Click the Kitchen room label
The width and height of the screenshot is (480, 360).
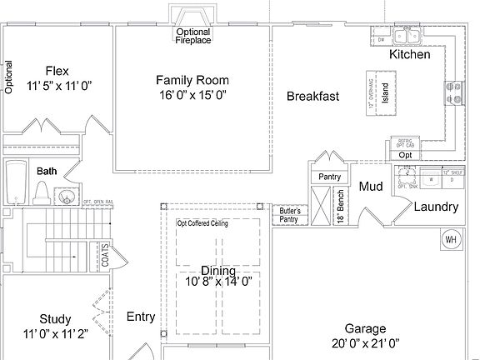tap(410, 55)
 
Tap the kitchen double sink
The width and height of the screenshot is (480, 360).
tap(408, 37)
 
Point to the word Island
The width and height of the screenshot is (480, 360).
tap(385, 92)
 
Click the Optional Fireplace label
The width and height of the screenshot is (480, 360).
tap(193, 36)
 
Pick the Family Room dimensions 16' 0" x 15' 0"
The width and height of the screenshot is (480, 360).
tap(192, 95)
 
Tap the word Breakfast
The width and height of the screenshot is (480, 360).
tap(312, 97)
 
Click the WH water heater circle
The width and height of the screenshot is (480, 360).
tap(451, 240)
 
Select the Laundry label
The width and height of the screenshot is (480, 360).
tap(436, 207)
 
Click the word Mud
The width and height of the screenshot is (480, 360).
tap(371, 187)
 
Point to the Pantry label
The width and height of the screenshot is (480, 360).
tap(330, 177)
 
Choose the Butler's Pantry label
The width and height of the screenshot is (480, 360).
tap(289, 214)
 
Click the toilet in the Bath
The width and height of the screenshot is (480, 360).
tap(40, 193)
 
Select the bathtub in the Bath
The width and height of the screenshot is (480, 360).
tap(15, 182)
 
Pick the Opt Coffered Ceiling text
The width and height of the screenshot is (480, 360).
tap(202, 223)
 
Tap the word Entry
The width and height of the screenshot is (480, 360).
tap(141, 317)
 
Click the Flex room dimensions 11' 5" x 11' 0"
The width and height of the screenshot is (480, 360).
tap(57, 86)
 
